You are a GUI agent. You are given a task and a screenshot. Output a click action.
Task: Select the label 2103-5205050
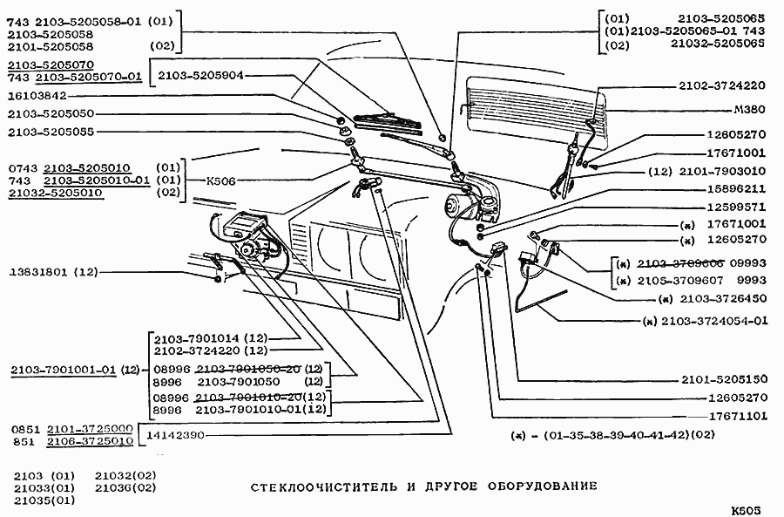[x=51, y=114]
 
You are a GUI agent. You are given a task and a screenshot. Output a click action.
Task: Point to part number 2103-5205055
[x=51, y=132]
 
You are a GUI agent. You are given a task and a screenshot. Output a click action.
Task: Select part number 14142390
[x=174, y=433]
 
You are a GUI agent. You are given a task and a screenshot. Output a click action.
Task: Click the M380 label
[x=749, y=112]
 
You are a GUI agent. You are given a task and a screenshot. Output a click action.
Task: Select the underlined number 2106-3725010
[x=89, y=441]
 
